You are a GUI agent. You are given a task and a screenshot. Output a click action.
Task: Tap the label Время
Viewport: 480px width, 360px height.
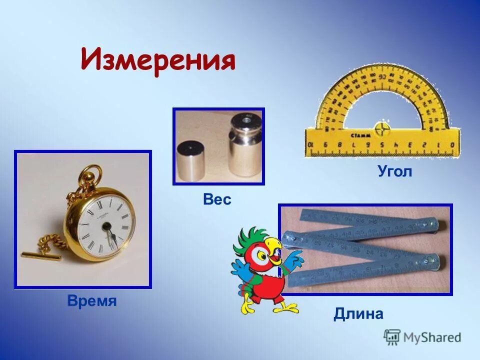pyautogui.click(x=91, y=301)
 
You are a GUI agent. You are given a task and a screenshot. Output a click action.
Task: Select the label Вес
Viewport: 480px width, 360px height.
pyautogui.click(x=217, y=199)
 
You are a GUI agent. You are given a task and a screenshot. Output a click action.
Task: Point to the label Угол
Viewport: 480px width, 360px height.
pyautogui.click(x=394, y=172)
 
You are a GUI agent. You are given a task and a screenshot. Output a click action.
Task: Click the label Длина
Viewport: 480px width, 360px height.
pyautogui.click(x=358, y=314)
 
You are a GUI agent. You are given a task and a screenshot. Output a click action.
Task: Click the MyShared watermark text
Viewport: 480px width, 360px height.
pyautogui.click(x=432, y=337)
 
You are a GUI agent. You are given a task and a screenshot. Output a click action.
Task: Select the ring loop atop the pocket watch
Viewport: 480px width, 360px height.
pyautogui.click(x=90, y=175)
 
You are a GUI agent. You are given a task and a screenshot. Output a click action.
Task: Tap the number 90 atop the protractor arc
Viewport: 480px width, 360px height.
pyautogui.click(x=382, y=77)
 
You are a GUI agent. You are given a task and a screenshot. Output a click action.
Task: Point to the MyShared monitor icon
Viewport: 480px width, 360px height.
pyautogui.click(x=392, y=336)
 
